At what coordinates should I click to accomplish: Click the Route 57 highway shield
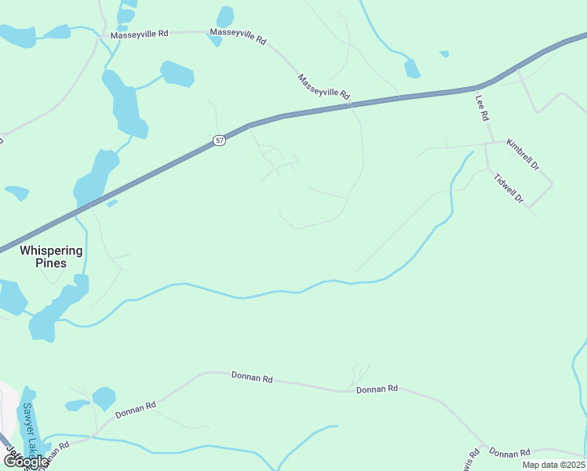tap(219, 141)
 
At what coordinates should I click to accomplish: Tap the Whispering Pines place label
tap(51, 257)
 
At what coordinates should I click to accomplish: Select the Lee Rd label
tap(483, 108)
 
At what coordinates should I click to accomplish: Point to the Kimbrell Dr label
tap(523, 155)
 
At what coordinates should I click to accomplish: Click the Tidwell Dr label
tap(509, 188)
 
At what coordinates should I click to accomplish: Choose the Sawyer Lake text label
tap(30, 428)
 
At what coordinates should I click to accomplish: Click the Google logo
tap(26, 462)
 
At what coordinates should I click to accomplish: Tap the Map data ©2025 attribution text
tap(553, 465)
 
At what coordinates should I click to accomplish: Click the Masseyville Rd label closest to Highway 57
tap(323, 86)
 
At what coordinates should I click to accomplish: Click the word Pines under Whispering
tap(51, 263)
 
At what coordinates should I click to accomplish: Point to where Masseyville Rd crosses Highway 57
tap(351, 104)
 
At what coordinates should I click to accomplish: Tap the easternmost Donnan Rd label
tap(510, 453)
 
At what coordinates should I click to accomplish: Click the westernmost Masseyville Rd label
tap(140, 35)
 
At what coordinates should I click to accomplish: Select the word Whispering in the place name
tap(51, 250)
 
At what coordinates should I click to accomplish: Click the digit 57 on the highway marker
tap(219, 141)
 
